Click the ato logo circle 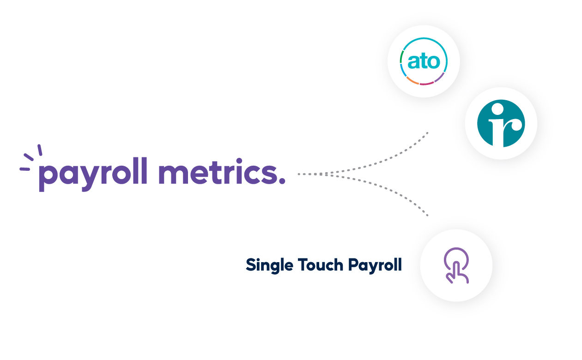point(423,61)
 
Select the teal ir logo point(501,123)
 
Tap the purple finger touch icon point(456,265)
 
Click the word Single point(268,265)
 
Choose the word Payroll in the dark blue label point(375,265)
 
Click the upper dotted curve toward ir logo point(393,157)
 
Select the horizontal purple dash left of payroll point(24,169)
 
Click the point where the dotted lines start point(299,174)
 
